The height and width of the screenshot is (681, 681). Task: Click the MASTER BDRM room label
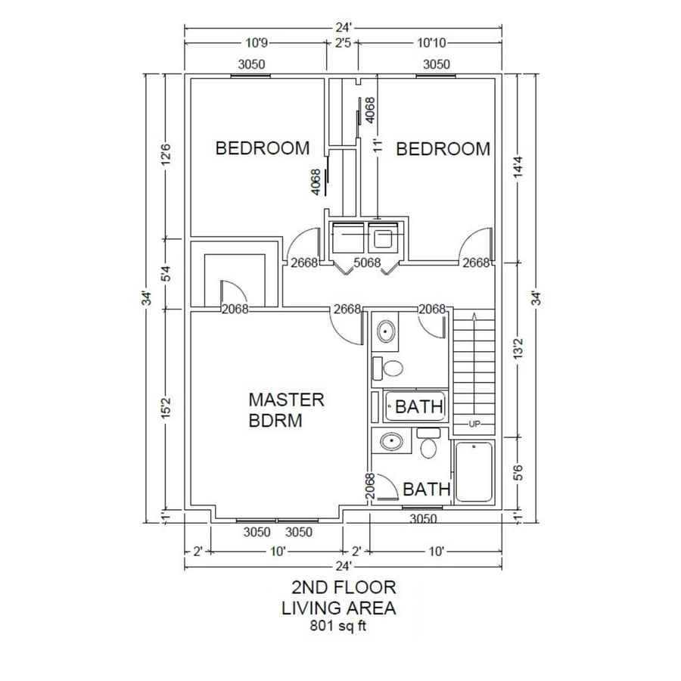(286, 409)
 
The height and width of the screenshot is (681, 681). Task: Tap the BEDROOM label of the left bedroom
(263, 148)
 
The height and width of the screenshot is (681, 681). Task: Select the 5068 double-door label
(367, 263)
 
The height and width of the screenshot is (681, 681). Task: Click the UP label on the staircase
(474, 424)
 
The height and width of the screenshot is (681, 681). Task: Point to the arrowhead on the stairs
(474, 316)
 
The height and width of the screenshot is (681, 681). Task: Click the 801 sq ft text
(340, 626)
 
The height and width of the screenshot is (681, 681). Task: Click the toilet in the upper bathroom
(393, 369)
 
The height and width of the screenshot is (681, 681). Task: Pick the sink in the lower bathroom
(391, 442)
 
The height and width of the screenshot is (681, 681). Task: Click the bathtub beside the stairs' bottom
(474, 472)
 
